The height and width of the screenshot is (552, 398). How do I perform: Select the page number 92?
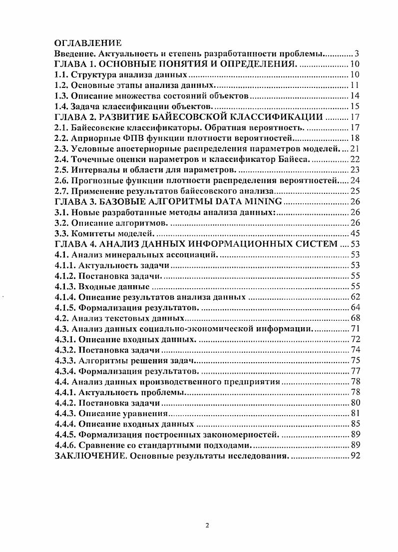(354, 456)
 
